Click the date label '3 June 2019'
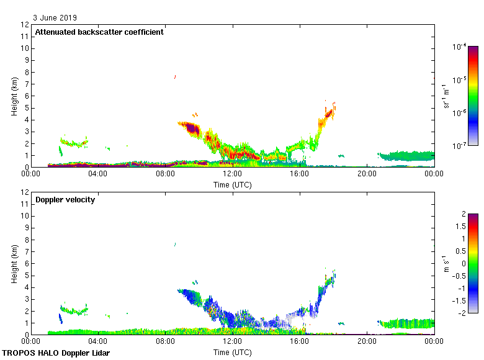[56, 18]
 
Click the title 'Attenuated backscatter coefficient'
[99, 32]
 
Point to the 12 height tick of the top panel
[25, 25]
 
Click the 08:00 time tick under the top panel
[166, 174]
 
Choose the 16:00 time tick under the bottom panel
[300, 341]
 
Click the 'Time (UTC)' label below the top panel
[233, 184]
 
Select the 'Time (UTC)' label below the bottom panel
[233, 352]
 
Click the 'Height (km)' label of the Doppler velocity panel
[14, 263]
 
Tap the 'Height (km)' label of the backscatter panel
[14, 96]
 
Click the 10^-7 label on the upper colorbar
[460, 145]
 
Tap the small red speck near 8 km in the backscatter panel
[175, 77]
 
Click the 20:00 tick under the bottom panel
[367, 341]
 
